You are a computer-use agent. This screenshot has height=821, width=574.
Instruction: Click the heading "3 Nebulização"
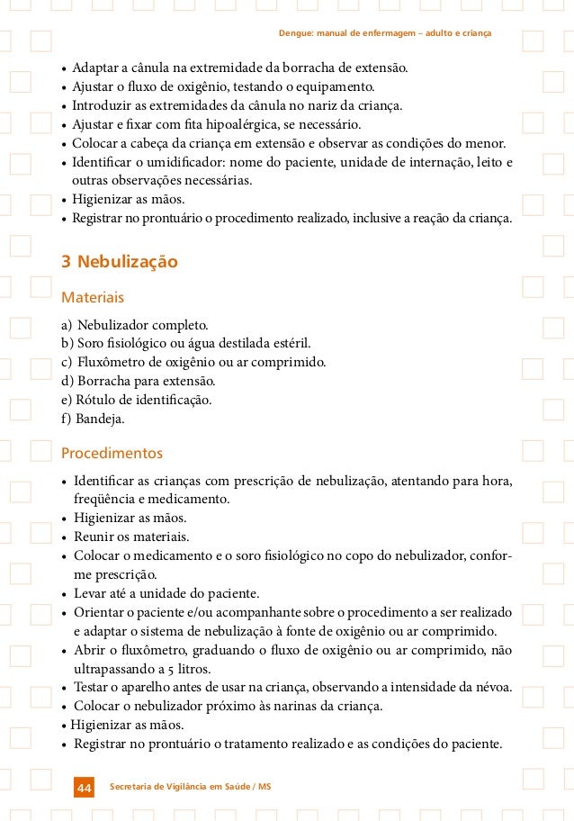[x=119, y=262]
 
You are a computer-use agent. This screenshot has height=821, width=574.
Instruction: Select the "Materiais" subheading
[x=92, y=296]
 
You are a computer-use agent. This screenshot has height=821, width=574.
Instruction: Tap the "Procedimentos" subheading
[x=112, y=452]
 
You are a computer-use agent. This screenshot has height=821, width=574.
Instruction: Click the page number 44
[x=84, y=788]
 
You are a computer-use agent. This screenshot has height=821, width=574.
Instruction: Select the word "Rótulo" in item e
[x=95, y=400]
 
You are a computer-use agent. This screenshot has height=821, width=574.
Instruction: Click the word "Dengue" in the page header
[x=294, y=34]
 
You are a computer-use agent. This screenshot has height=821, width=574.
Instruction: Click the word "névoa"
[x=492, y=688]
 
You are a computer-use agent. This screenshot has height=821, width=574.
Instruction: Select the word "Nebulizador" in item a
[x=113, y=324]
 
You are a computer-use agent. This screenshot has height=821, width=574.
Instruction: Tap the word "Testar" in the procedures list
[x=93, y=688]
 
